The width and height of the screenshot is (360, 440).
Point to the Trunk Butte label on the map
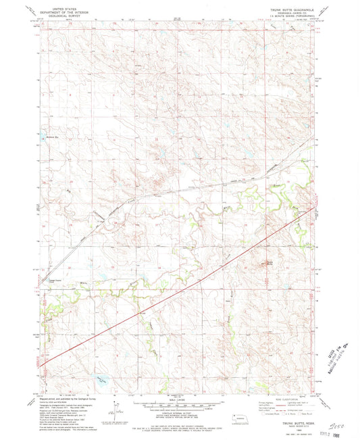269,262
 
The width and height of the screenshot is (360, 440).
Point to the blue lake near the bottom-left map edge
100,380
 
